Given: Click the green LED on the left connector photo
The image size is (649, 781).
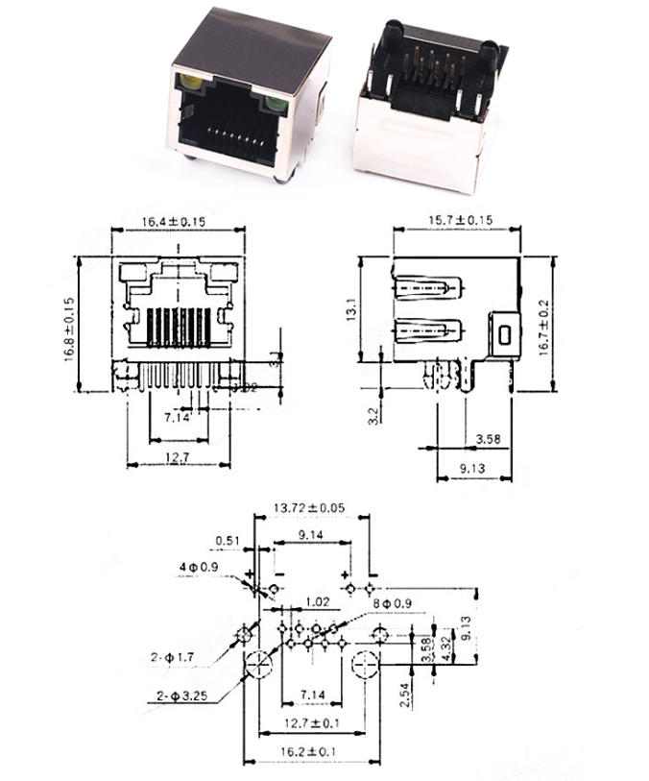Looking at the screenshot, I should (x=272, y=99).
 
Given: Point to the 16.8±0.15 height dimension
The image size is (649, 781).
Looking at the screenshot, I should (x=69, y=326).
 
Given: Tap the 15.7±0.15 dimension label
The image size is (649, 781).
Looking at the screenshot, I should (x=460, y=221).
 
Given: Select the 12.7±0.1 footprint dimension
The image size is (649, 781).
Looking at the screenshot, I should (x=309, y=721).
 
